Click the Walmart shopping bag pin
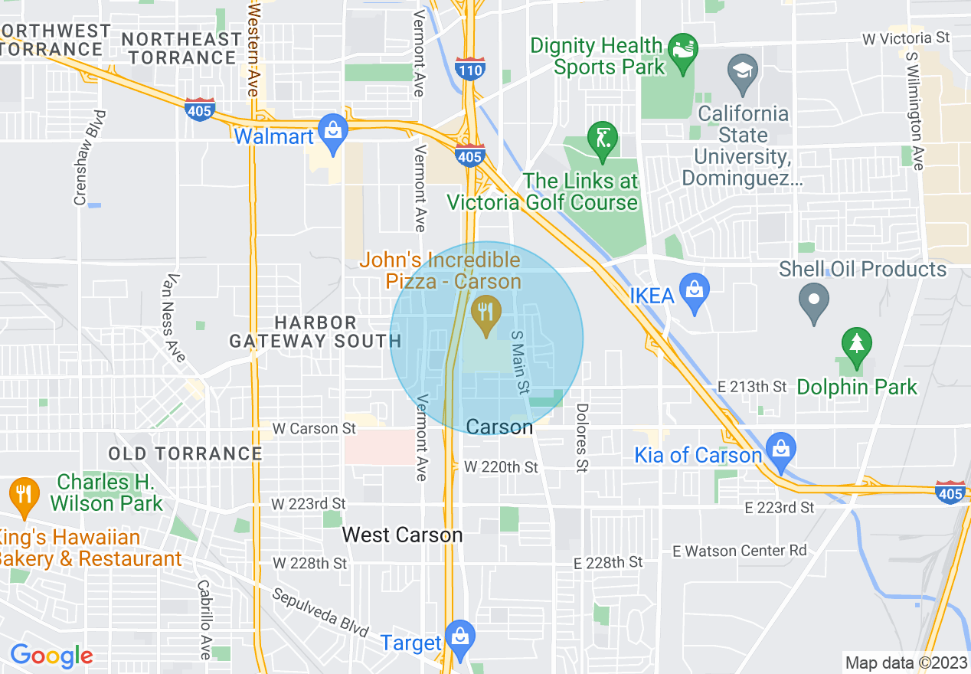[x=333, y=133]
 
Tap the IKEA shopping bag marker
[x=694, y=292]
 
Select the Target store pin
[x=459, y=637]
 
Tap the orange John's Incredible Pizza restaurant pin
[x=485, y=314]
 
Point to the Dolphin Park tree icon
[x=856, y=346]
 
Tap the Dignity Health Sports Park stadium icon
[x=679, y=52]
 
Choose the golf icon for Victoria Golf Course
[x=602, y=139]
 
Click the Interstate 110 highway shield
[x=469, y=69]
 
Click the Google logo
[x=51, y=655]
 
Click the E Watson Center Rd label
[x=739, y=551]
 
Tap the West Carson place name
[x=402, y=535]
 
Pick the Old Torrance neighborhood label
[x=185, y=453]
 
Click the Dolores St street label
[x=582, y=438]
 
